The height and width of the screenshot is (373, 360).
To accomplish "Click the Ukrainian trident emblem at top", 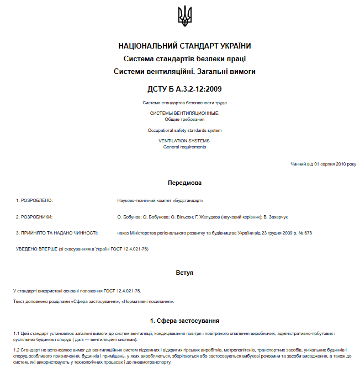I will [x=184, y=16].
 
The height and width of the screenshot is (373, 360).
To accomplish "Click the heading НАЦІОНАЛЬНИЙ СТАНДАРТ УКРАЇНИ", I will [x=184, y=46].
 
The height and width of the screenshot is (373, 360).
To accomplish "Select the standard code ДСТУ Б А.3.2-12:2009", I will [x=184, y=88].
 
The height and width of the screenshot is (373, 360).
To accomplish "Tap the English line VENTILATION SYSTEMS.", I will [x=184, y=141].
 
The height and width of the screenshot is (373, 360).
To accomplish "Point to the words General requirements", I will [x=184, y=147].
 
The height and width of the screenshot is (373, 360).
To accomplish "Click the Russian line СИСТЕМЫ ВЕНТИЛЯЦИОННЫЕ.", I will [x=184, y=113].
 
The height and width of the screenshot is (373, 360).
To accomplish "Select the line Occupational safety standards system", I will [x=184, y=130].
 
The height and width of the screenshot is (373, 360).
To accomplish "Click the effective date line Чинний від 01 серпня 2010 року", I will [x=323, y=164].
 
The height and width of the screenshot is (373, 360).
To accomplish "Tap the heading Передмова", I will [x=184, y=182].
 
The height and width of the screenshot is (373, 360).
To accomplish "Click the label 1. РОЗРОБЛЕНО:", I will [x=34, y=200].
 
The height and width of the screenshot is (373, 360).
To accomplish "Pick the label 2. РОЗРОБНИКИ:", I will [x=34, y=217].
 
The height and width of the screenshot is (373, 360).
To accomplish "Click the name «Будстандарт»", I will [x=188, y=200].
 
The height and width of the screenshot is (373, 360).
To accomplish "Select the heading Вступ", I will [x=184, y=273].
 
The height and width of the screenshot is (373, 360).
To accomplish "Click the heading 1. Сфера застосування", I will [x=184, y=320].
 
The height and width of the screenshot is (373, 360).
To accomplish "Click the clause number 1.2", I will [x=17, y=350].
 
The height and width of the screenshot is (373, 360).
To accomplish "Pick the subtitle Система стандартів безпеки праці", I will [x=184, y=58].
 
